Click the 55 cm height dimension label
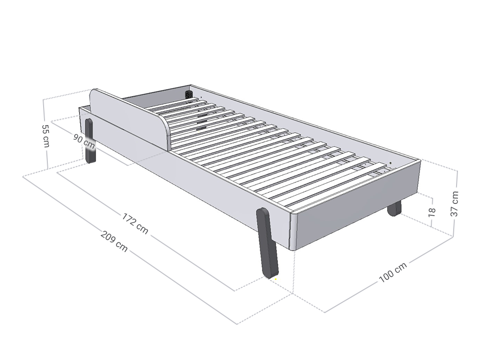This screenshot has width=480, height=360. [45, 136]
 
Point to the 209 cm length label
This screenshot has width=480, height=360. [114, 241]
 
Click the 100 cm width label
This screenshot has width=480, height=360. [393, 272]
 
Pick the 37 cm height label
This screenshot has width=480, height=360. [455, 203]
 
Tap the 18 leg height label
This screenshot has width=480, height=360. [432, 211]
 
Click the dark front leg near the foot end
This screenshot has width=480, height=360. [267, 243]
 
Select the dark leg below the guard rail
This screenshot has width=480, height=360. [90, 141]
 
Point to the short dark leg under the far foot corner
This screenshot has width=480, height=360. [394, 209]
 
